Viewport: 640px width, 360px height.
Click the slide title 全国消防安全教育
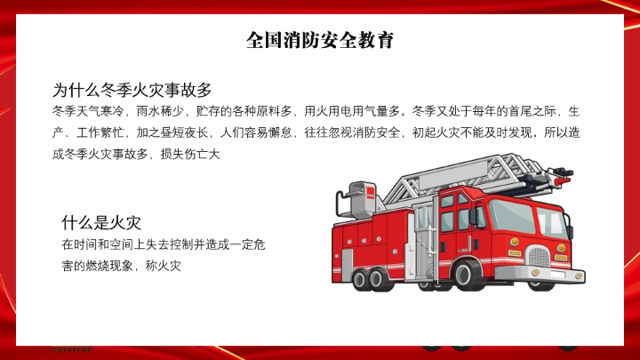(320, 41)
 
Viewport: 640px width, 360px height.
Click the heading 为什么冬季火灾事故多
(132, 90)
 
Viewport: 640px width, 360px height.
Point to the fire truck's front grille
(540, 259)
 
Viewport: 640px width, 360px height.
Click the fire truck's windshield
(514, 216)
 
